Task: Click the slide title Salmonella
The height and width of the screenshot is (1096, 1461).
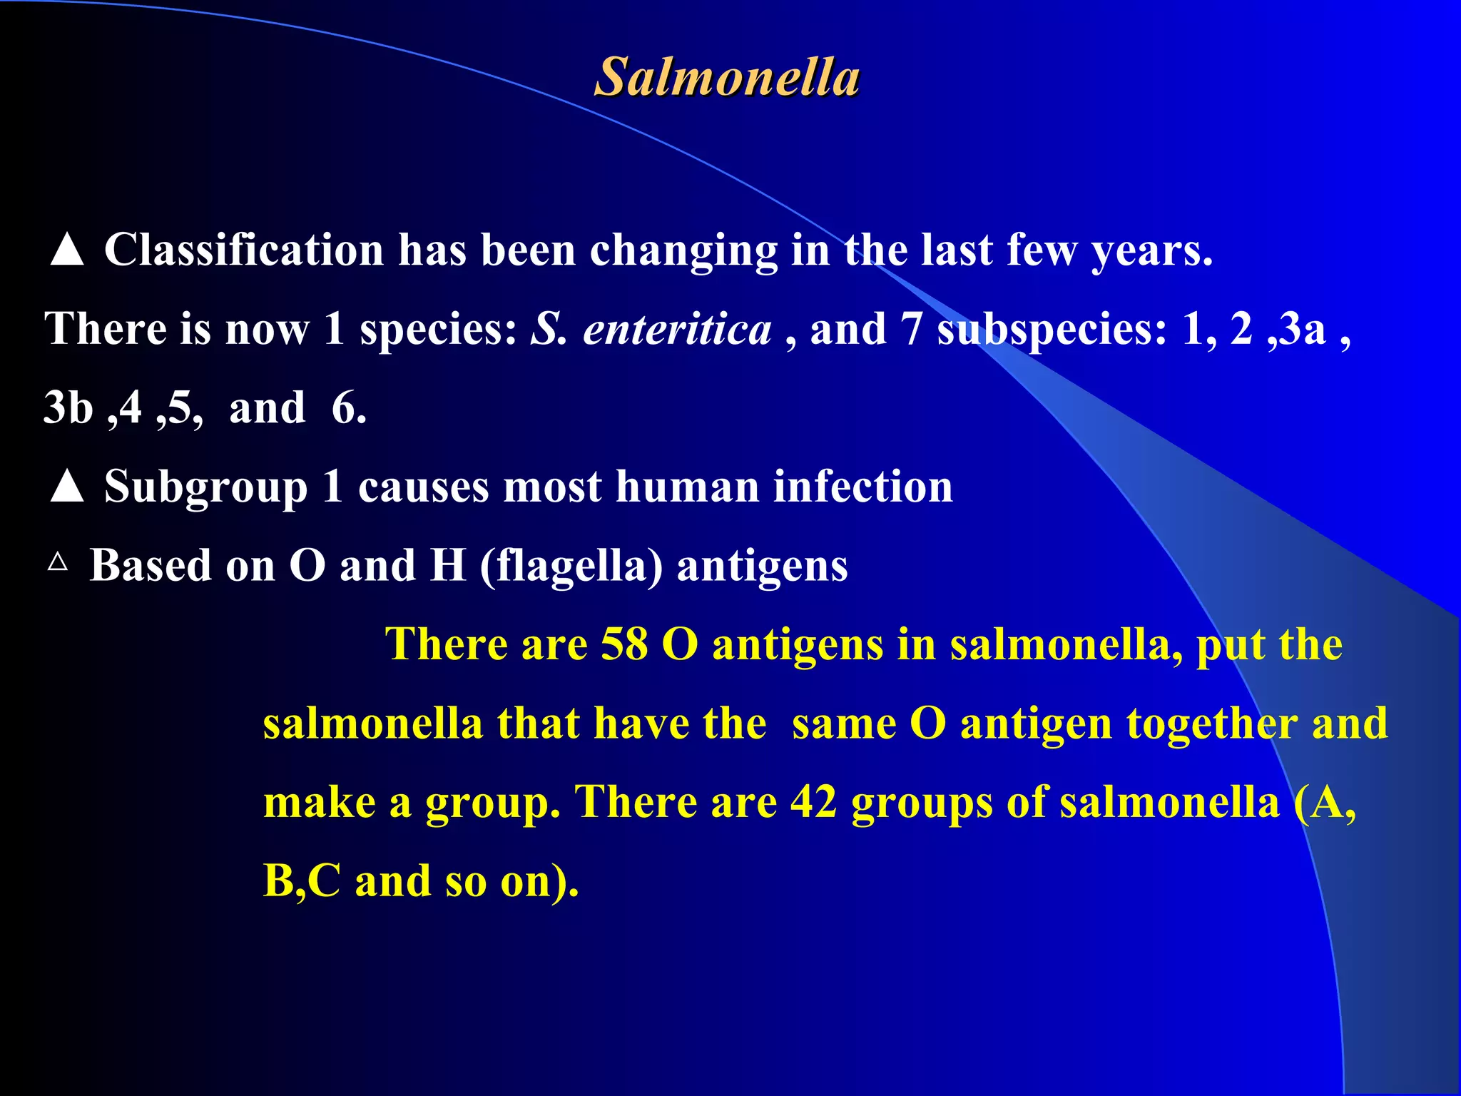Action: coord(727,77)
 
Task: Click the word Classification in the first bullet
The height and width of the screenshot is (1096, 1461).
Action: coord(244,250)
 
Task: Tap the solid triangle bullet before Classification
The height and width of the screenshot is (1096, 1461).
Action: coord(67,250)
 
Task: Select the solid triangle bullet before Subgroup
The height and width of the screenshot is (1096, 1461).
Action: coord(67,487)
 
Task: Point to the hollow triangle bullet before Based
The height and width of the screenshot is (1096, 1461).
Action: coord(58,562)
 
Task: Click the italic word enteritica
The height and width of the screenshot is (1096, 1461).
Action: coord(677,330)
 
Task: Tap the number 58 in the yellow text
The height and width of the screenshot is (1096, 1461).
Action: coord(624,644)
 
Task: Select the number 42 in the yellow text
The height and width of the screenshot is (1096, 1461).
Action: coord(813,802)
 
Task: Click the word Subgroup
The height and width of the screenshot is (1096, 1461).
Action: coord(205,487)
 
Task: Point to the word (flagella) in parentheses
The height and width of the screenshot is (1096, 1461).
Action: coord(571,567)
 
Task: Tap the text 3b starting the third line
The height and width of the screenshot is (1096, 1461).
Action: coord(68,408)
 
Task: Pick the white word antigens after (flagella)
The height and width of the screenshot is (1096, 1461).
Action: coord(762,567)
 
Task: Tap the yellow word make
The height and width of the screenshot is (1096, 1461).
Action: coord(319,802)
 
